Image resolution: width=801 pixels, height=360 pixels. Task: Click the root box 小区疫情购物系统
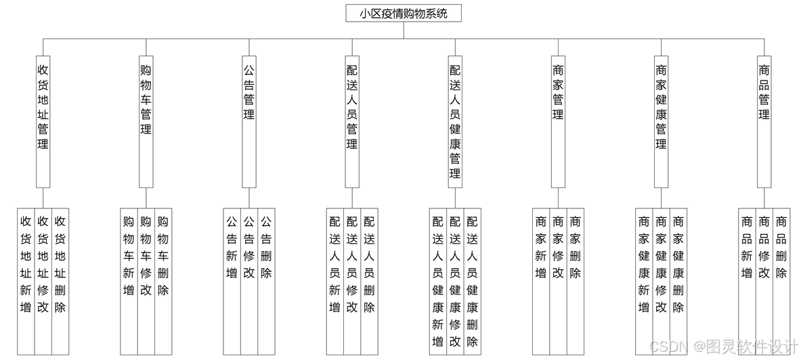tap(404, 13)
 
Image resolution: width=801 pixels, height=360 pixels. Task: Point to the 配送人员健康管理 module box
tap(455, 122)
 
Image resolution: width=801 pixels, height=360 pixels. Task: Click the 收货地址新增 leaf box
tap(26, 281)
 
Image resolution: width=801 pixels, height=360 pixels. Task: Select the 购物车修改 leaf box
tap(146, 281)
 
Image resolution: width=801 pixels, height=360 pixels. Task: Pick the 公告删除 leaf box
tap(266, 281)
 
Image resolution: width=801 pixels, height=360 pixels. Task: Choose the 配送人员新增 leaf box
tap(334, 281)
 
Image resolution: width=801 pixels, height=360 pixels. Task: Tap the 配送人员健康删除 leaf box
tap(473, 281)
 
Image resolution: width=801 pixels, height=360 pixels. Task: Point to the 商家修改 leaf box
tap(558, 281)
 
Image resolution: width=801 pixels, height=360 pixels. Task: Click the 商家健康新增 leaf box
tap(644, 281)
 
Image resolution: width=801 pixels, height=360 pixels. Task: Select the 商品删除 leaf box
tap(781, 281)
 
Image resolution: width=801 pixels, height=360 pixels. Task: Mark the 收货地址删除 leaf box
tap(60, 281)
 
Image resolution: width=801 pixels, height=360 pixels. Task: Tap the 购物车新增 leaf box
tap(129, 281)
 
